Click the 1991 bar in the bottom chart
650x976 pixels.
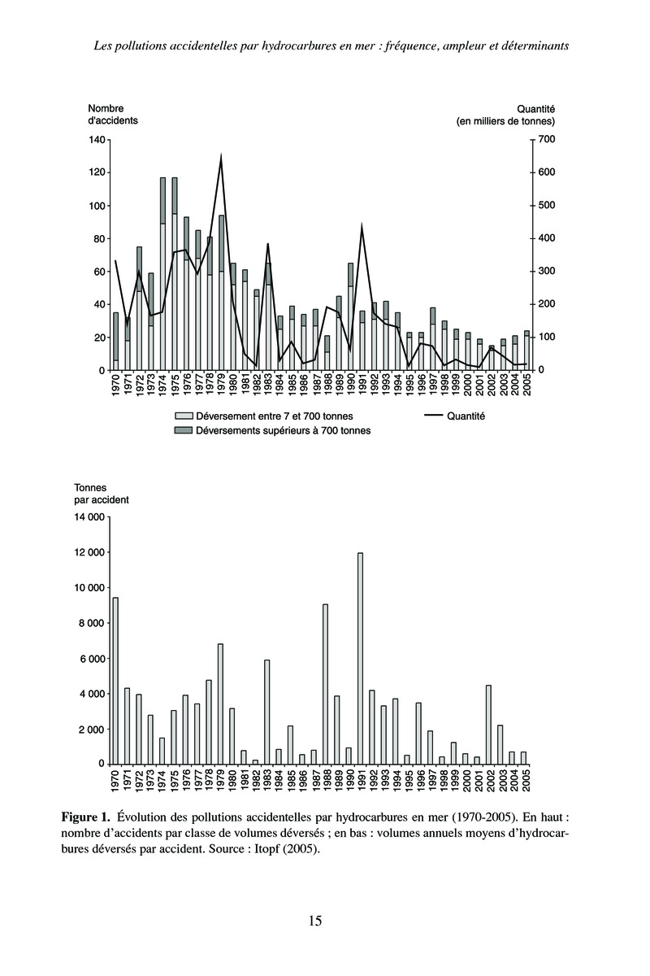tap(360, 659)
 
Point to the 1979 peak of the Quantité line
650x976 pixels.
tap(221, 155)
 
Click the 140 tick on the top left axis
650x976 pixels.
tap(97, 140)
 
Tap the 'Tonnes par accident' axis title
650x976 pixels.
tap(96, 493)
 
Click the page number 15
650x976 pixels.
tap(315, 921)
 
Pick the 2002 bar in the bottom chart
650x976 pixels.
tap(489, 725)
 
